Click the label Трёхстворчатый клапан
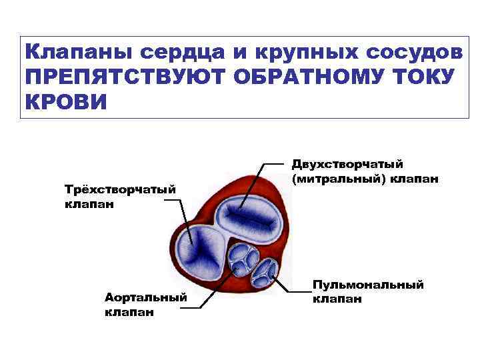[x=120, y=197]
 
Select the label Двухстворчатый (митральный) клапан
[x=363, y=171]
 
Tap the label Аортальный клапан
[x=145, y=304]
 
